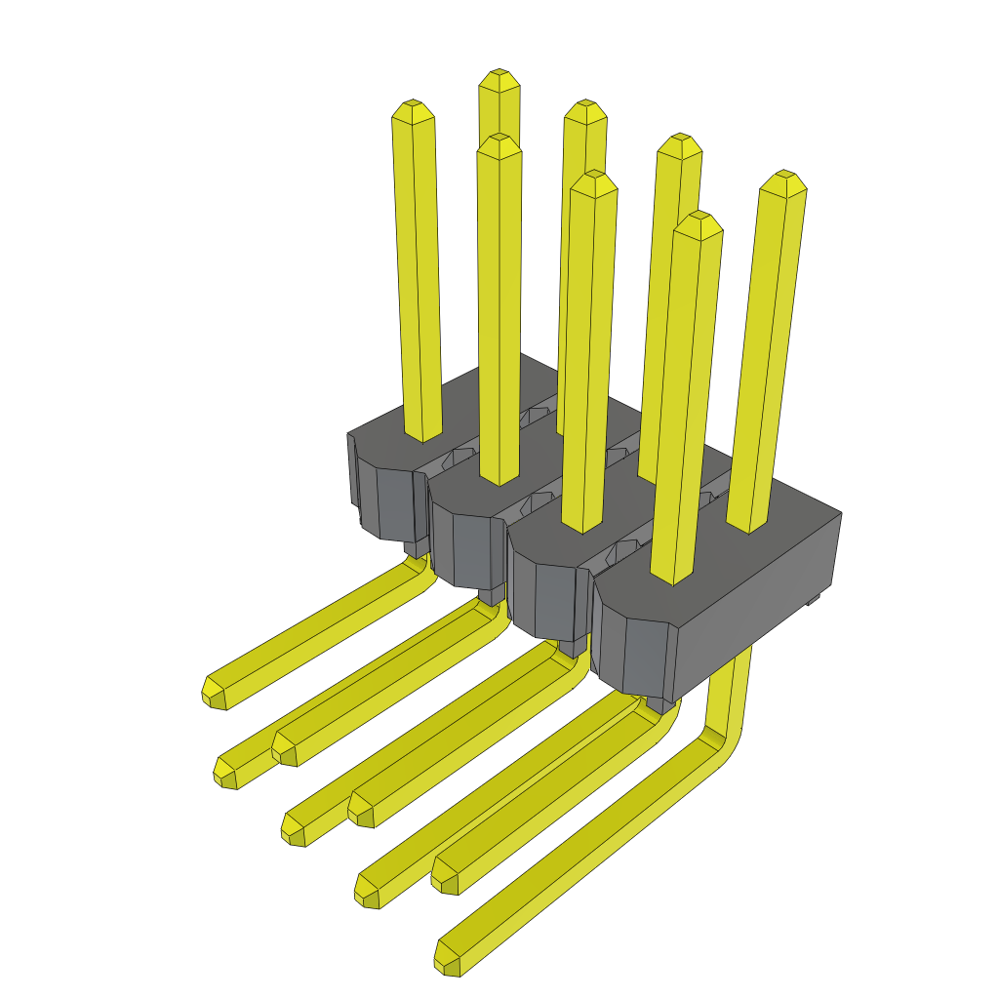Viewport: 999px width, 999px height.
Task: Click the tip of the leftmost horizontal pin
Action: [x=214, y=690]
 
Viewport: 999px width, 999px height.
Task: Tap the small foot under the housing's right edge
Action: [x=811, y=601]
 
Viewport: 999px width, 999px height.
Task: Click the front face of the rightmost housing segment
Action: [x=634, y=654]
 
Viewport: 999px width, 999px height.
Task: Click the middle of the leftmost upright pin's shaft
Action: [x=418, y=273]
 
